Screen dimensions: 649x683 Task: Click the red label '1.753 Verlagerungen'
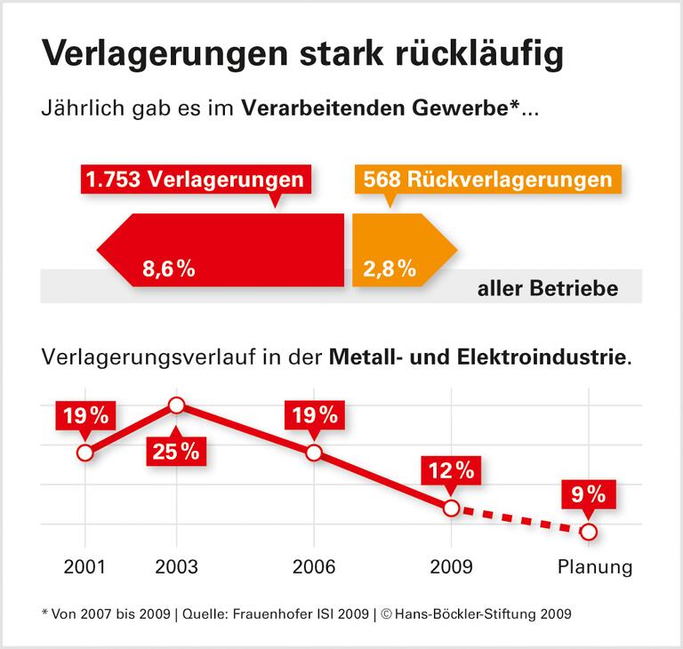pyautogui.click(x=194, y=180)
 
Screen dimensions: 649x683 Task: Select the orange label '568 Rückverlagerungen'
pyautogui.click(x=486, y=180)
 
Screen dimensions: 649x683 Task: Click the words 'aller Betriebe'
pyautogui.click(x=547, y=290)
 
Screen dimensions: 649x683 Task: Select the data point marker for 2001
pyautogui.click(x=84, y=453)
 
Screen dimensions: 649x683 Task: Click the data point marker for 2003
pyautogui.click(x=176, y=405)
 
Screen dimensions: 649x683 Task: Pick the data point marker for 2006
pyautogui.click(x=313, y=453)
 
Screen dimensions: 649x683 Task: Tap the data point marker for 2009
pyautogui.click(x=451, y=508)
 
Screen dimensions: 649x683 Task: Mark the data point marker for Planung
pyautogui.click(x=588, y=532)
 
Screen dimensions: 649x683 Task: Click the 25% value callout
pyautogui.click(x=176, y=450)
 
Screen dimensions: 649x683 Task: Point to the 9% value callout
pyautogui.click(x=588, y=493)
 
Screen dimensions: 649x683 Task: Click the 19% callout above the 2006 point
pyautogui.click(x=313, y=414)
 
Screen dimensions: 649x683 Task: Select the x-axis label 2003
pyautogui.click(x=176, y=567)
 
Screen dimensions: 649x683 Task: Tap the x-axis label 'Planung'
pyautogui.click(x=594, y=567)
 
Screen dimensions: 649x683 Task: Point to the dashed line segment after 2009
pyautogui.click(x=519, y=520)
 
